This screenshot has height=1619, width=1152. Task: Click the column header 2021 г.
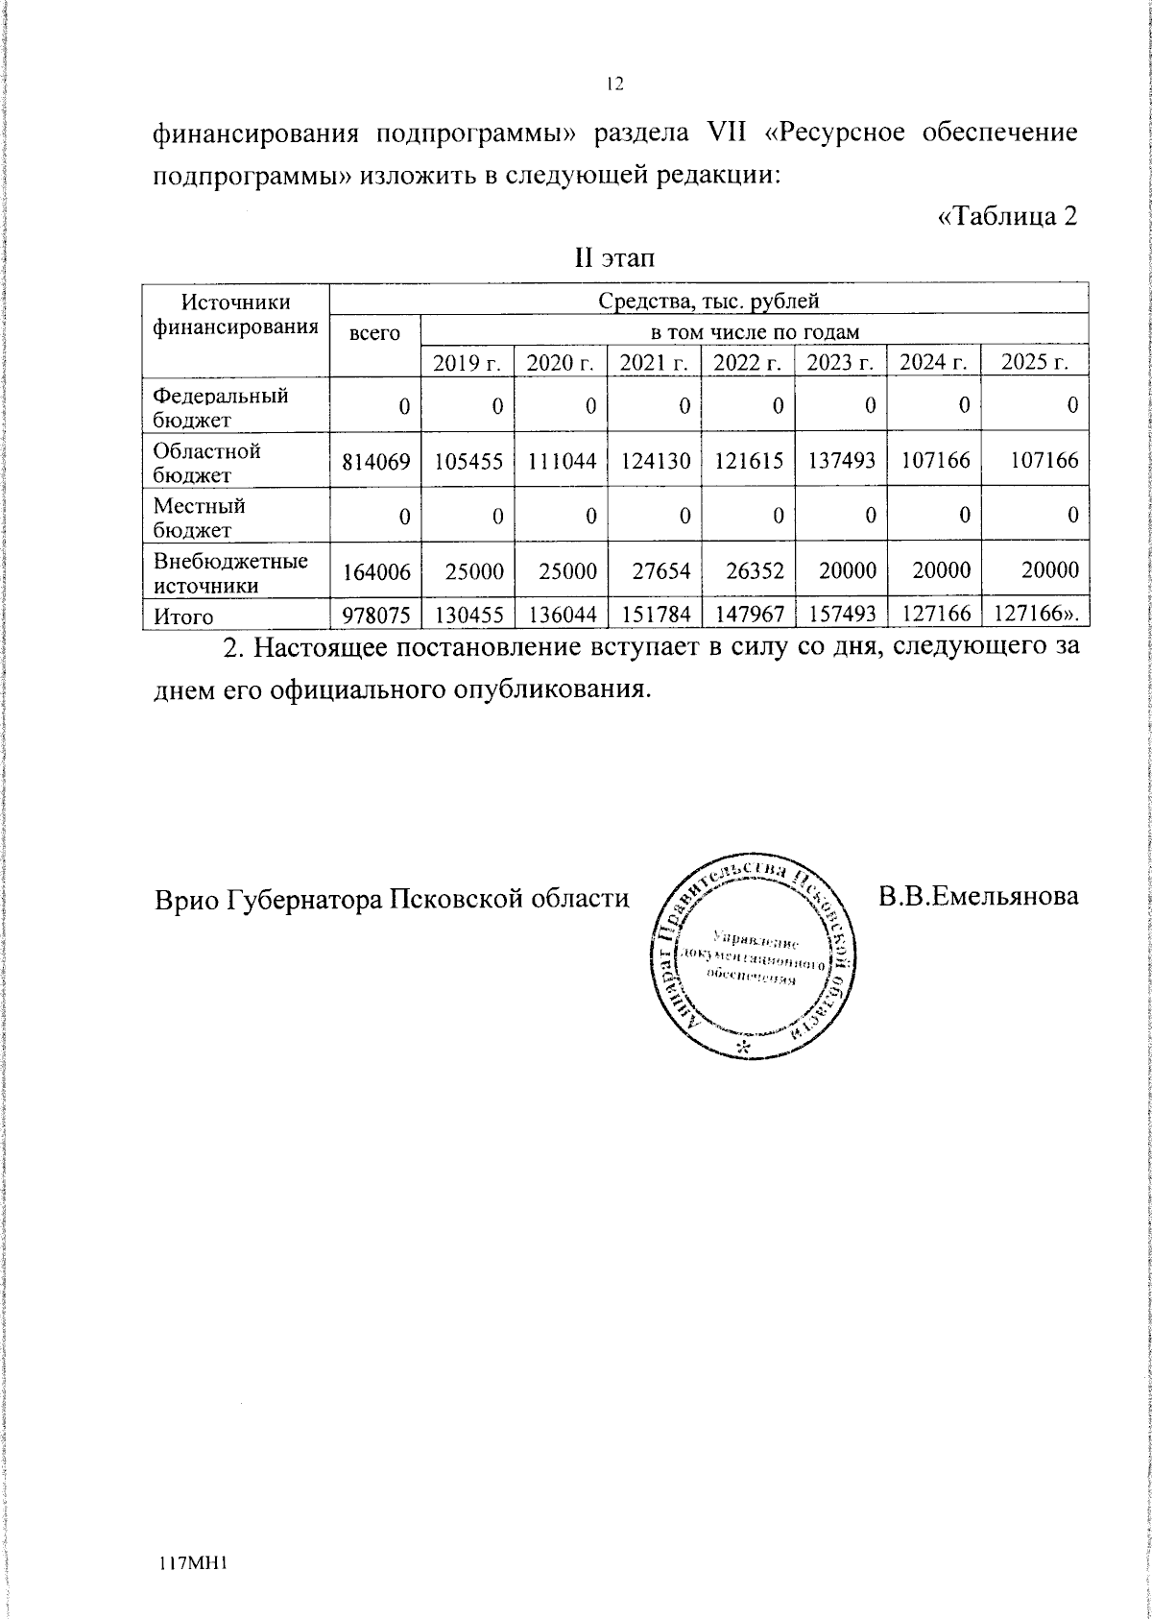[x=654, y=362]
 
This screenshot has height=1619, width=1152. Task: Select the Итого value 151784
[x=656, y=616]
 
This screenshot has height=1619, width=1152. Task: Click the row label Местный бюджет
[x=200, y=517]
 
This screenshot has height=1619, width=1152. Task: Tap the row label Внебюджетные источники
[x=230, y=571]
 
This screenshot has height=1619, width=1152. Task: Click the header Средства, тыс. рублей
[x=708, y=302]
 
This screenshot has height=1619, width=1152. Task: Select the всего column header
[x=373, y=333]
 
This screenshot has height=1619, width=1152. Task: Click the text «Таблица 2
[x=1006, y=216]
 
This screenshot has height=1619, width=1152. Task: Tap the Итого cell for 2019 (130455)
[x=468, y=616]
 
